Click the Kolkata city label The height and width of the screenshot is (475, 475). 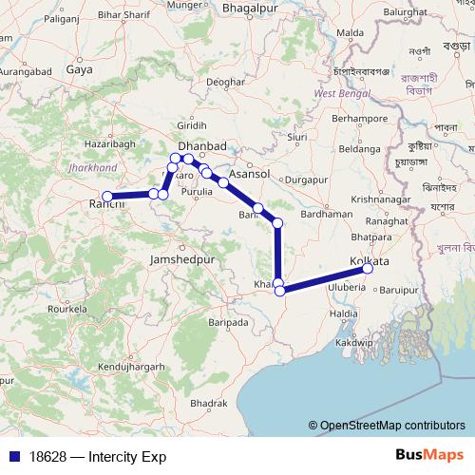coord(370,260)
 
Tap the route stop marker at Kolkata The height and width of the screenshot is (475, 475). coord(368,269)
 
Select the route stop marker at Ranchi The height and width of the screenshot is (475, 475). coord(107,197)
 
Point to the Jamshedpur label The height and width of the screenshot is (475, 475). coord(183,258)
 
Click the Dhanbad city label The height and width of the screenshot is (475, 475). coord(201,145)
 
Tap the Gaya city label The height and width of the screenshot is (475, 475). coord(79,69)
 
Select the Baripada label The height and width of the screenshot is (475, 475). coord(228,323)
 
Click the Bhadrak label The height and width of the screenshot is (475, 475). coord(208,404)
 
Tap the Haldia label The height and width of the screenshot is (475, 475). coord(343,313)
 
